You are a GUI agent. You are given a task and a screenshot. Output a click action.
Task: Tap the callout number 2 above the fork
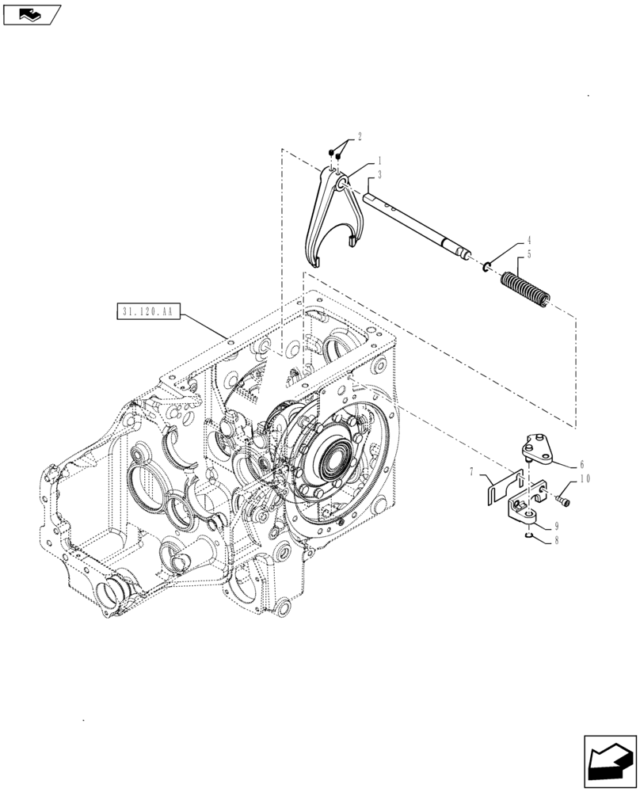[359, 137]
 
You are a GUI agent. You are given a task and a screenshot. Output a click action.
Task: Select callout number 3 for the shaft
[358, 175]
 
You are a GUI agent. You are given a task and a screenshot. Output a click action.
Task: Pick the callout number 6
[581, 465]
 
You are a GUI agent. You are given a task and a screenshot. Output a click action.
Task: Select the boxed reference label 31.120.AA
[149, 312]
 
